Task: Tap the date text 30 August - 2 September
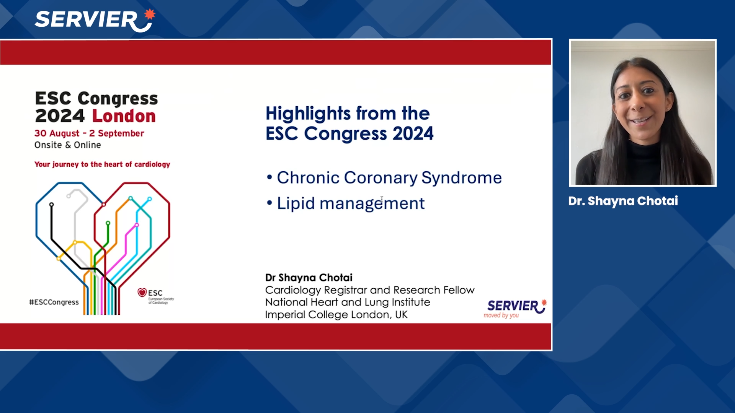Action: coord(89,133)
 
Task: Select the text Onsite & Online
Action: coord(67,145)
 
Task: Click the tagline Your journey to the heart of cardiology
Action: coord(102,164)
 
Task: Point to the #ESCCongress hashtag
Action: coord(54,302)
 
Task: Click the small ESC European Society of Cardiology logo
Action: coord(155,296)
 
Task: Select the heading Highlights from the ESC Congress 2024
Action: coord(349,123)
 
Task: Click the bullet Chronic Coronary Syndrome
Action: coord(389,178)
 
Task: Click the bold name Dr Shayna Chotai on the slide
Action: coord(309,278)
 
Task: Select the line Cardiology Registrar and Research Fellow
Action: coord(369,290)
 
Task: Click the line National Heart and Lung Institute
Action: coord(347,302)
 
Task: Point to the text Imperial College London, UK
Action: coord(336,315)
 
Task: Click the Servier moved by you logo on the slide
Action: coord(515,308)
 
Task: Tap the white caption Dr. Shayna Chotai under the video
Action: coord(623,201)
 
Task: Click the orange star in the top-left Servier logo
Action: coord(150,14)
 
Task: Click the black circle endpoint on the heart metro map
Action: coord(51,205)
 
